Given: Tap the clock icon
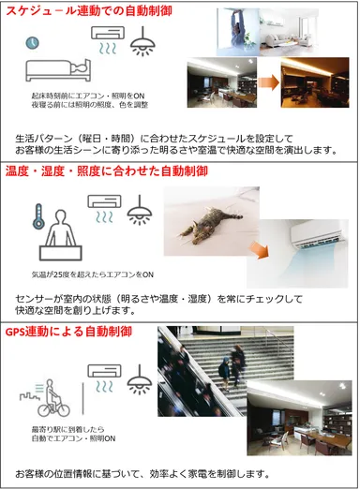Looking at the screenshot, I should [33, 43].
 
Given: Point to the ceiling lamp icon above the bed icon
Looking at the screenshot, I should [143, 39].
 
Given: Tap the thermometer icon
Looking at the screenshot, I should [38, 216].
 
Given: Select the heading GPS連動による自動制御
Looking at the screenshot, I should [67, 332].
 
